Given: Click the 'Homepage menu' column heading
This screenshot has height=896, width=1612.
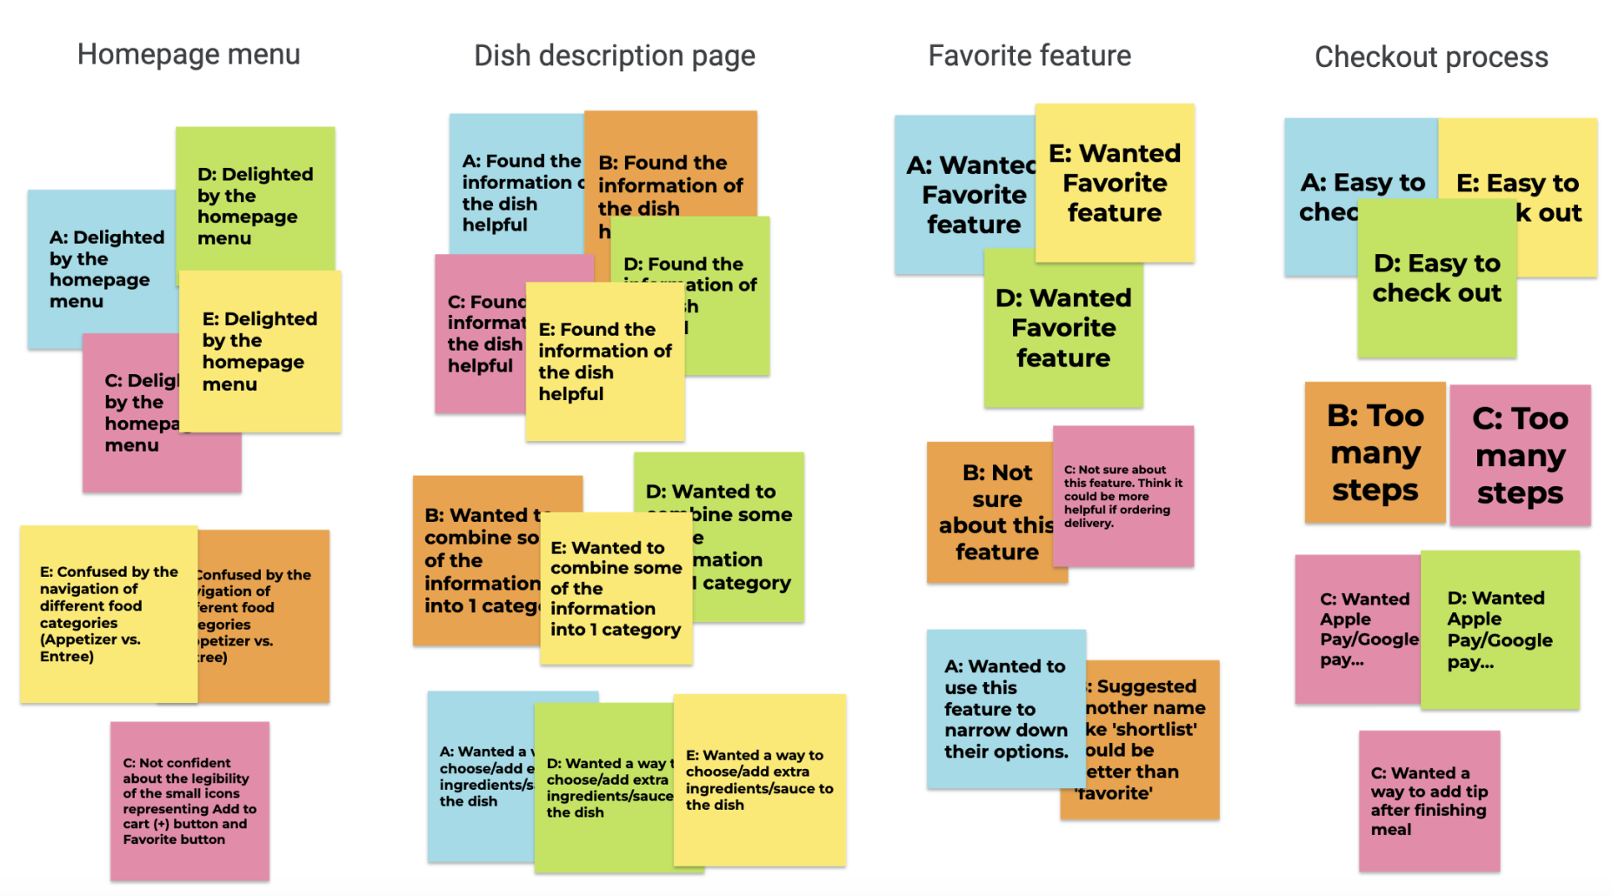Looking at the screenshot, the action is click(x=189, y=55).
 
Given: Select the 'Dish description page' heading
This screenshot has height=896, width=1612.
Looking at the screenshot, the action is click(x=614, y=57).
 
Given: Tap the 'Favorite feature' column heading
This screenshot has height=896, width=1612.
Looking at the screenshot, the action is click(x=1029, y=57).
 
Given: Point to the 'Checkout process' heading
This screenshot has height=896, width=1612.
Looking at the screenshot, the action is click(x=1431, y=57).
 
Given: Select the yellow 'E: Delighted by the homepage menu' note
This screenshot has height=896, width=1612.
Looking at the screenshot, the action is click(x=259, y=351).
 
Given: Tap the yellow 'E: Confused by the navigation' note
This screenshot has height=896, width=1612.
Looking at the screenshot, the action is click(x=109, y=613).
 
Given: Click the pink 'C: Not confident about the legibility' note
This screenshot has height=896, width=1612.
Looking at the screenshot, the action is click(x=190, y=800).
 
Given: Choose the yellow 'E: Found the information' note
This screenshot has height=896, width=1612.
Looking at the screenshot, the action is click(x=604, y=361).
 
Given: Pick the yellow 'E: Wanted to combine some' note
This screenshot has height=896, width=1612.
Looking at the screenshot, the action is click(x=616, y=588).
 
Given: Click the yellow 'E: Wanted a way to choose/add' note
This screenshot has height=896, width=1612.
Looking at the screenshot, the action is click(x=759, y=779).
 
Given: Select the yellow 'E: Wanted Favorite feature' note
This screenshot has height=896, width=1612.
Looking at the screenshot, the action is click(x=1115, y=183).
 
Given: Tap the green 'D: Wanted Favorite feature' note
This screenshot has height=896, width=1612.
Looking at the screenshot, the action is click(x=1062, y=328).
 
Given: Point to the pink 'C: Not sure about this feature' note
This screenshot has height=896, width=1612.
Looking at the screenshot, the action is click(x=1122, y=496).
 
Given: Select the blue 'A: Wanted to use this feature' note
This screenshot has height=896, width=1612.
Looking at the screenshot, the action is click(x=1005, y=708).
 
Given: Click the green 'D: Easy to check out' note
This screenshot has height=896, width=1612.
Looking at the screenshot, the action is click(x=1436, y=278).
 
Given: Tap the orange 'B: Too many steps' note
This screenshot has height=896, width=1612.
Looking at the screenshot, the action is click(x=1375, y=452).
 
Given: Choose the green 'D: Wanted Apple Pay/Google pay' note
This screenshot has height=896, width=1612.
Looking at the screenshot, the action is click(x=1499, y=630).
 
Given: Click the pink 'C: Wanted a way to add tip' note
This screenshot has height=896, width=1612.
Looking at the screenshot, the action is click(x=1429, y=800).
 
